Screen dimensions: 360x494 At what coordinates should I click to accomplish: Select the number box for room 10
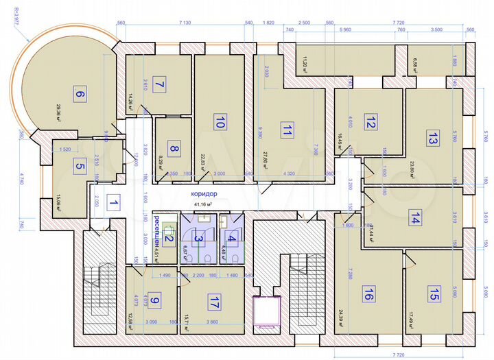tap(220, 123)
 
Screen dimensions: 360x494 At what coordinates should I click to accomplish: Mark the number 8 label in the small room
tap(174, 149)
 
